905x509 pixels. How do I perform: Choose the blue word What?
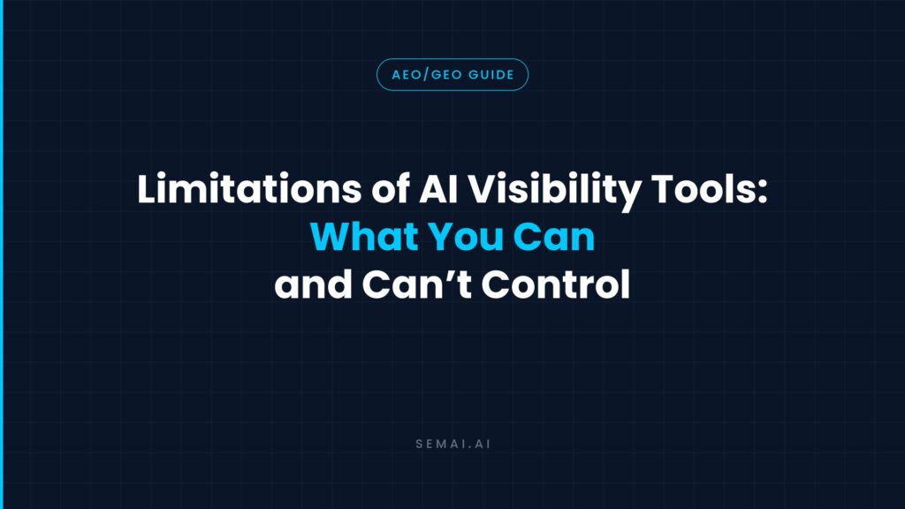point(364,237)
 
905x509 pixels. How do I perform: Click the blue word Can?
point(553,237)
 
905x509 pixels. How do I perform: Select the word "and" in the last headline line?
point(314,284)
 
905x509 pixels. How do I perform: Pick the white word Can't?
point(417,284)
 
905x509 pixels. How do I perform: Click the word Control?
point(555,284)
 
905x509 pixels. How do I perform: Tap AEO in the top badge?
point(407,75)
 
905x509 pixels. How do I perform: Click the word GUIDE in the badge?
point(491,75)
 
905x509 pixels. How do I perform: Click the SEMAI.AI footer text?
point(453,444)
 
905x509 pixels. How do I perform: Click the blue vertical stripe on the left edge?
point(2,254)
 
